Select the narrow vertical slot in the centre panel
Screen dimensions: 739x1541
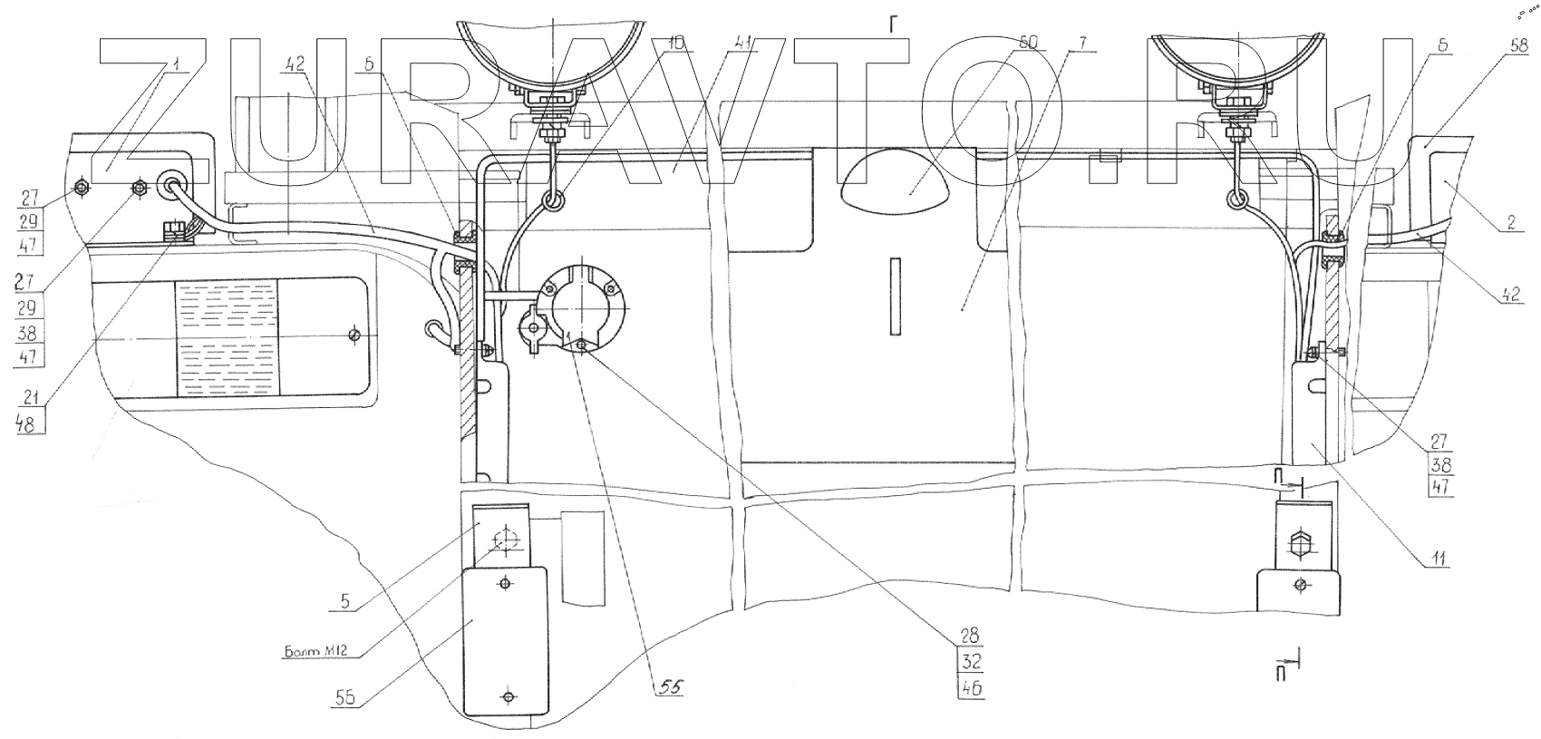(895, 292)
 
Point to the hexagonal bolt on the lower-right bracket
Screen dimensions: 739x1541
(1299, 548)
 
